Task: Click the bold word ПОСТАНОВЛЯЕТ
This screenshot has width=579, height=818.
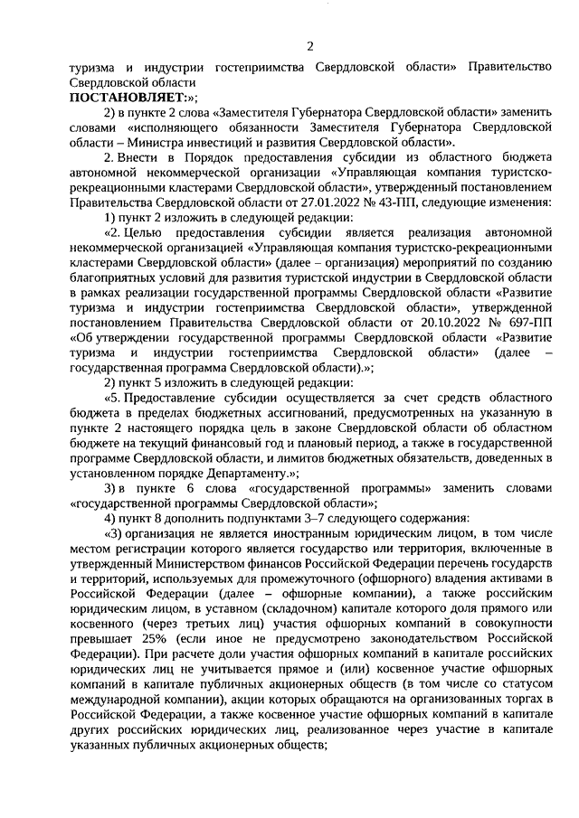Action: point(125,98)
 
